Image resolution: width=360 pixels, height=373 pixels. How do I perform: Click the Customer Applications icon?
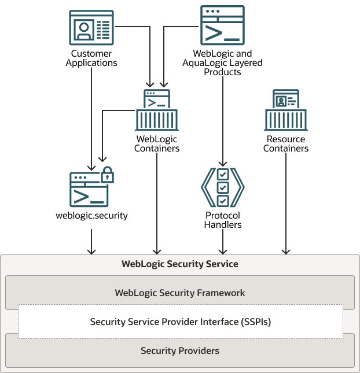pyautogui.click(x=91, y=27)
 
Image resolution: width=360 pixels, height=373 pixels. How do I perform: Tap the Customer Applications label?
pyautogui.click(x=91, y=58)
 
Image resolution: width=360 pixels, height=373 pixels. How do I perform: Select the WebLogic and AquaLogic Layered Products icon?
pyautogui.click(x=222, y=25)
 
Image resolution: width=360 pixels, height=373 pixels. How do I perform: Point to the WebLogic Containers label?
pyautogui.click(x=157, y=143)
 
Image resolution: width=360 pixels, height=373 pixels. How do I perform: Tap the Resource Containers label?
pyautogui.click(x=286, y=143)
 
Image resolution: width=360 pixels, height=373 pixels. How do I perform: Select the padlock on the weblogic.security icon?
pyautogui.click(x=107, y=174)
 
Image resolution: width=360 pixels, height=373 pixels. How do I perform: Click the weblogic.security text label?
pyautogui.click(x=91, y=216)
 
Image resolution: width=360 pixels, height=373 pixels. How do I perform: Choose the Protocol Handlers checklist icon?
pyautogui.click(x=223, y=187)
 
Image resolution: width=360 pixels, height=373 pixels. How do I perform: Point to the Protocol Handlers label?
pyautogui.click(x=223, y=220)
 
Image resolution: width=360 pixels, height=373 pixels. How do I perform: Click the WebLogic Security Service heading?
pyautogui.click(x=180, y=264)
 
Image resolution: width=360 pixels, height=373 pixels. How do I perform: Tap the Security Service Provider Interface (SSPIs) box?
pyautogui.click(x=180, y=322)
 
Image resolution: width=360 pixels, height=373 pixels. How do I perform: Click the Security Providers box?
pyautogui.click(x=180, y=350)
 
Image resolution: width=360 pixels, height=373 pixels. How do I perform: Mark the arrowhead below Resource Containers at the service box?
pyautogui.click(x=286, y=251)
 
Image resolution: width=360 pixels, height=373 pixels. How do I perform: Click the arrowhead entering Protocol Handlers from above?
pyautogui.click(x=223, y=163)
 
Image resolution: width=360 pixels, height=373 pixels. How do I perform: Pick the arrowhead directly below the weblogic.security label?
pyautogui.click(x=91, y=251)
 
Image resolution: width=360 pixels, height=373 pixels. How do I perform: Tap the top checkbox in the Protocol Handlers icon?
pyautogui.click(x=223, y=174)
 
